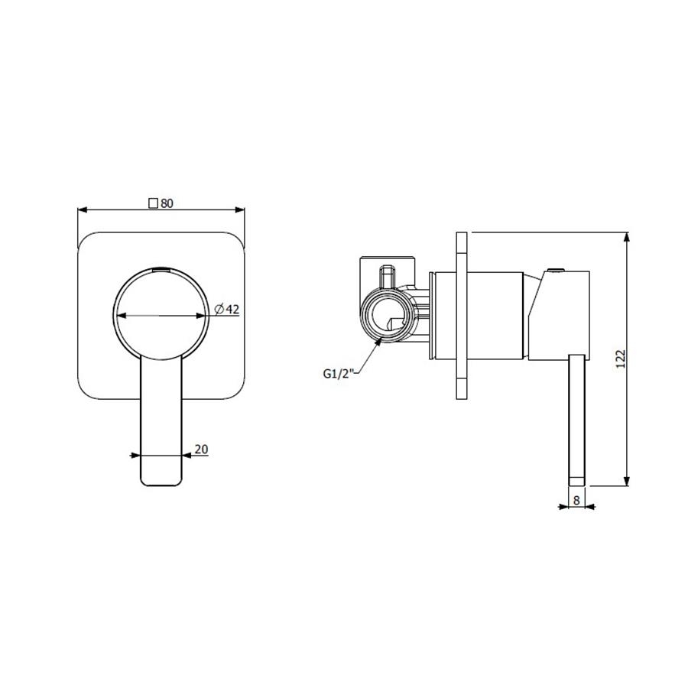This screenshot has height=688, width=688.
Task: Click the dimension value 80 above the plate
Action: click(167, 203)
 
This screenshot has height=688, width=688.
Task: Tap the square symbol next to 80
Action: click(153, 203)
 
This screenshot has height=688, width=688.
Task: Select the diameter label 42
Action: click(232, 310)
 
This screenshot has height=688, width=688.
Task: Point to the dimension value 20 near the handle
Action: click(201, 449)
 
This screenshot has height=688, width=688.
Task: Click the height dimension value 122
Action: click(620, 359)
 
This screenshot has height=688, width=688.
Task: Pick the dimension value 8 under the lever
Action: click(576, 500)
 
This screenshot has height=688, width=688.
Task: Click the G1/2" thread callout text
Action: click(339, 373)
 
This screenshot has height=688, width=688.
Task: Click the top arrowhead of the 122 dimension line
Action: click(627, 238)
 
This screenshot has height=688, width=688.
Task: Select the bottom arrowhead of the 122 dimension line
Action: click(627, 481)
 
